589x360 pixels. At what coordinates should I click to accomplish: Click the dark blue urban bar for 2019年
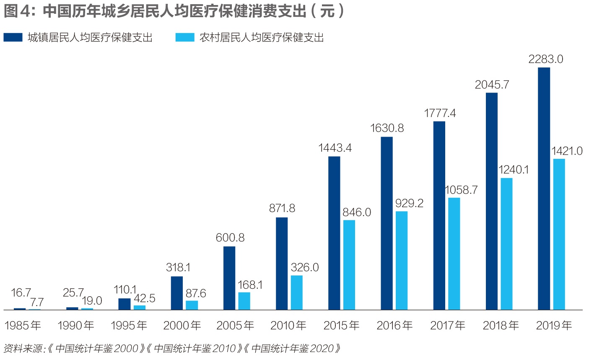pos(544,189)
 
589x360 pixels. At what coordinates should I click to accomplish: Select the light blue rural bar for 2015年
pos(349,265)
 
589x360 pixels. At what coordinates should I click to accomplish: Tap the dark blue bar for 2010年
pos(282,264)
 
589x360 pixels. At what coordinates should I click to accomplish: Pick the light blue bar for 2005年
pos(244,301)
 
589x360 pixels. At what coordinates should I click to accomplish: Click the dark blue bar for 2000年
pos(177,293)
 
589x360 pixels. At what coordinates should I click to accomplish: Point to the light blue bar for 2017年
pos(454,254)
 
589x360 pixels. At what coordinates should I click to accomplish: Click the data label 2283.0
pos(545,59)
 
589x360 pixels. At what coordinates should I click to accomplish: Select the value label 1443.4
pos(335,148)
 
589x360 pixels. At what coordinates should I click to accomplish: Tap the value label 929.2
pos(409,203)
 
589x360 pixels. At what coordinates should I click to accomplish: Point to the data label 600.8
pos(230,238)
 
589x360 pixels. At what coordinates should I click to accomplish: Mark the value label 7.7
pos(37,302)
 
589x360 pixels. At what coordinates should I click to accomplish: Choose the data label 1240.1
pos(514,170)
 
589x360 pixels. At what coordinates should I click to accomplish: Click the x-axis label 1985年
pos(23,325)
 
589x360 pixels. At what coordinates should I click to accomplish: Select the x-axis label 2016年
pos(394,325)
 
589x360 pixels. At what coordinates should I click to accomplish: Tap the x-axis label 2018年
pos(501,325)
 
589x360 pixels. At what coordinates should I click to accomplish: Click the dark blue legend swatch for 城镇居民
pos(13,38)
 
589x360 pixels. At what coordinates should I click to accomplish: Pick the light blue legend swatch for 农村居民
pos(185,38)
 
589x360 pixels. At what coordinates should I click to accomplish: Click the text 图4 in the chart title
pos(17,11)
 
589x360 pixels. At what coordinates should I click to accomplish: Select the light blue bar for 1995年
pos(140,308)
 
